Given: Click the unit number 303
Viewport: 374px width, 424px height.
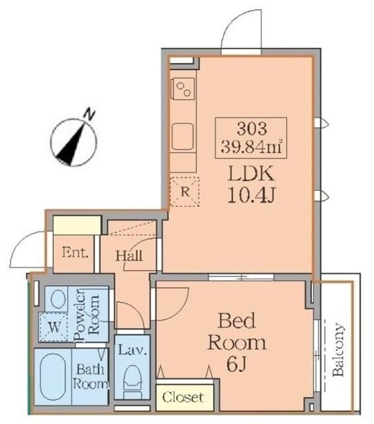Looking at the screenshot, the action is click(x=252, y=129).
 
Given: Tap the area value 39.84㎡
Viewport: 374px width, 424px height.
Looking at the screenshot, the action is click(x=252, y=147).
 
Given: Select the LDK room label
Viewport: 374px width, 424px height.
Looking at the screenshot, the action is click(x=252, y=174).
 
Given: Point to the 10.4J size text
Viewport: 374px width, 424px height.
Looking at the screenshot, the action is click(x=252, y=195).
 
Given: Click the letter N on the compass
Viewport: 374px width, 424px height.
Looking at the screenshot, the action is click(x=90, y=114).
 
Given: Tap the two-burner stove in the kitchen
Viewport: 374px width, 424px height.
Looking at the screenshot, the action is click(x=183, y=89).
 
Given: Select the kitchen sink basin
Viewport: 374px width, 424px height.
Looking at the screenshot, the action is click(x=183, y=136).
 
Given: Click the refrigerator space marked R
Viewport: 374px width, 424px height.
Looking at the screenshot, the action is click(x=185, y=192).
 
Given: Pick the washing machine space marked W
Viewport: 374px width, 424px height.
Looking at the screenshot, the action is click(x=53, y=327).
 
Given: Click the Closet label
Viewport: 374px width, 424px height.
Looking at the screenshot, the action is click(x=183, y=397).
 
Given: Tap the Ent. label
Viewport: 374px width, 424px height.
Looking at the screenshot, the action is click(x=75, y=252).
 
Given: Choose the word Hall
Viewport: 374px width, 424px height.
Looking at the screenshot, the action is click(x=129, y=256).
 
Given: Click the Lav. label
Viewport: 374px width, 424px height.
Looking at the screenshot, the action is click(x=132, y=350).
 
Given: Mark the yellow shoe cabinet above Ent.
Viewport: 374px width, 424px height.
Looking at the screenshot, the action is click(x=77, y=225).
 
